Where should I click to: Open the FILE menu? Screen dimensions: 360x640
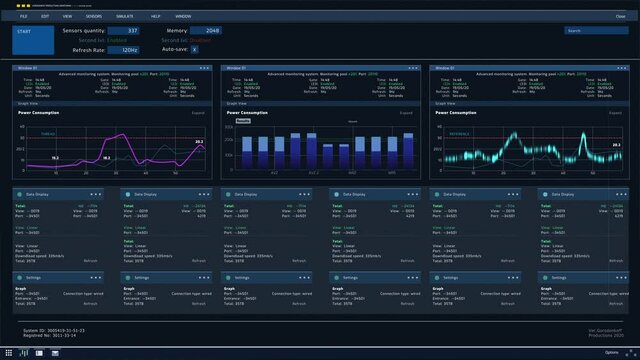pyautogui.click(x=24, y=17)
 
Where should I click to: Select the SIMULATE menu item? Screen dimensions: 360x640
pyautogui.click(x=124, y=17)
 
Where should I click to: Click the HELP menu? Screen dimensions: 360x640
pyautogui.click(x=155, y=17)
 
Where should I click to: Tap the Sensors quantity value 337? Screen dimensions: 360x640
pyautogui.click(x=132, y=31)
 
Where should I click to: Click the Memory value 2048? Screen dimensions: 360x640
pyautogui.click(x=212, y=31)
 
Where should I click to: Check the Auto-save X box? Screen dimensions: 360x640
pyautogui.click(x=194, y=48)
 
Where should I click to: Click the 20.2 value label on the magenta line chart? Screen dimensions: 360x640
pyautogui.click(x=198, y=142)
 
